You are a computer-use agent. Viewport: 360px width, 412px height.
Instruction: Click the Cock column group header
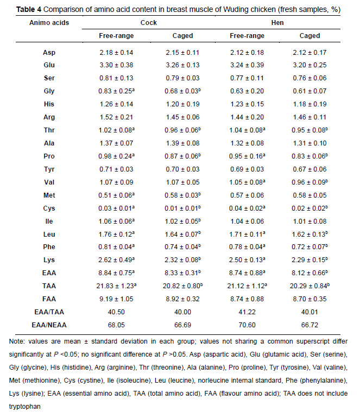[x=149, y=23]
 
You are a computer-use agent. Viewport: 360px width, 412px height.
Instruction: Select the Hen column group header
[x=277, y=23]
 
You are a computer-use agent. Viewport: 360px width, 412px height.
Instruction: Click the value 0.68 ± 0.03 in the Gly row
[x=179, y=91]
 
